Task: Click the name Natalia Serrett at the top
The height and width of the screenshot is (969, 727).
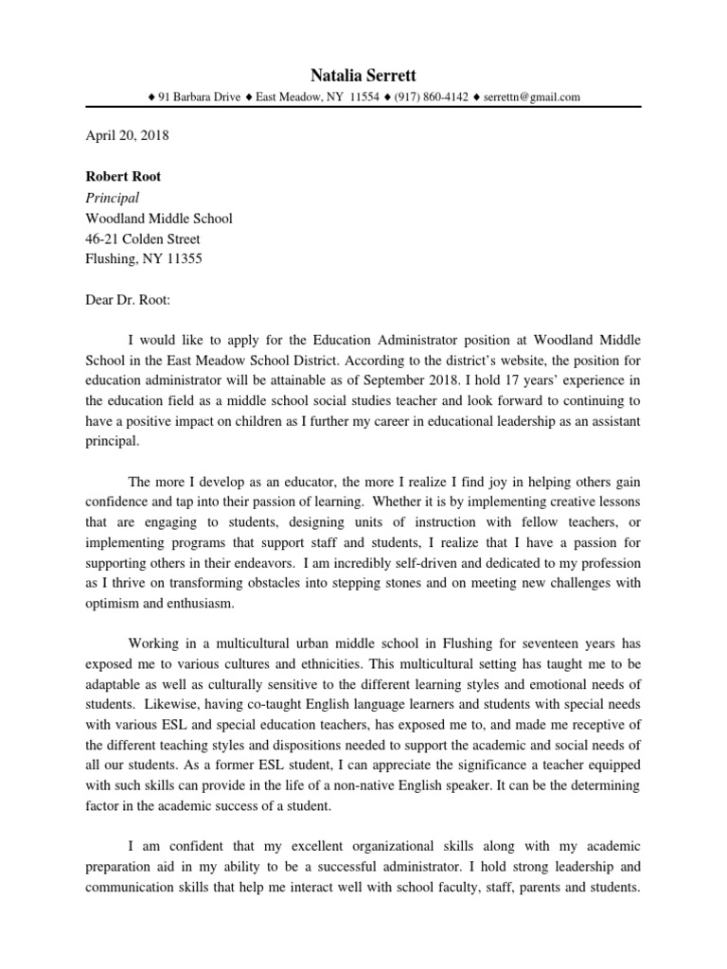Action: coord(363,75)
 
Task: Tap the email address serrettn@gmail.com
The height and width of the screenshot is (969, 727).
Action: coord(531,97)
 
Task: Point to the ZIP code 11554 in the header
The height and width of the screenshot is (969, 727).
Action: coord(364,97)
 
